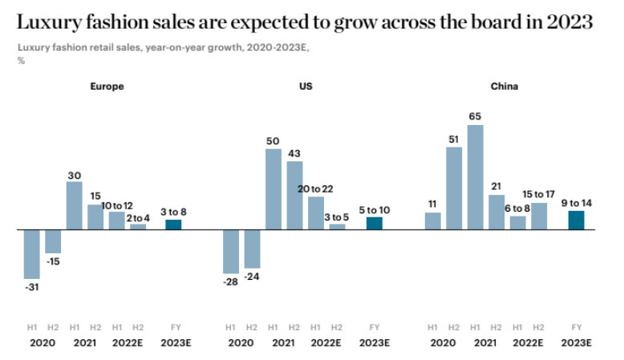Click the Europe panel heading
pyautogui.click(x=106, y=86)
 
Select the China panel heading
pyautogui.click(x=504, y=86)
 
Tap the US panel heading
pyautogui.click(x=306, y=86)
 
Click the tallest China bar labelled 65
pyautogui.click(x=475, y=177)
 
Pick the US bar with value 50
pyautogui.click(x=274, y=189)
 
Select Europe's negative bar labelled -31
pyautogui.click(x=32, y=254)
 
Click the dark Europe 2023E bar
pyautogui.click(x=173, y=224)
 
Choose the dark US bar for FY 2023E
pyautogui.click(x=375, y=223)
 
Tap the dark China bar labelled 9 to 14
pyautogui.click(x=576, y=220)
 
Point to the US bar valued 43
pyautogui.click(x=294, y=196)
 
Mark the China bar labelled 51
pyautogui.click(x=454, y=188)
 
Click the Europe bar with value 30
pyautogui.click(x=74, y=205)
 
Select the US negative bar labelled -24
pyautogui.click(x=252, y=249)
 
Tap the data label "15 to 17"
pyautogui.click(x=539, y=194)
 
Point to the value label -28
pyautogui.click(x=231, y=282)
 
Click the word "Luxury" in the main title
pyautogui.click(x=51, y=22)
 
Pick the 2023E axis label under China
pyautogui.click(x=576, y=342)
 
